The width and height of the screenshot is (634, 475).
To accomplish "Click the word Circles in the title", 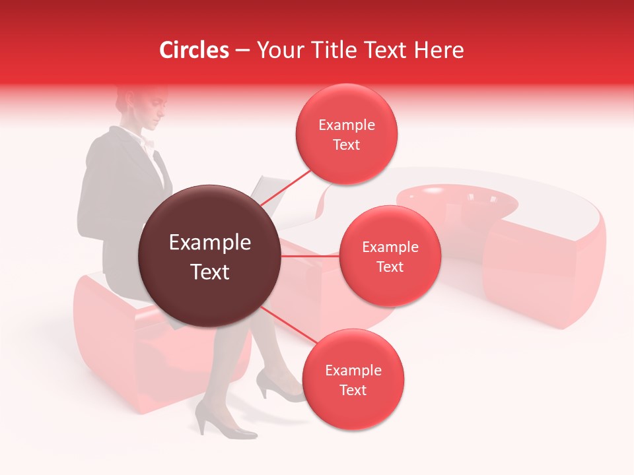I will click(x=194, y=50).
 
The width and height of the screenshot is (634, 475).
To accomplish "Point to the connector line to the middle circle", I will click(x=310, y=256).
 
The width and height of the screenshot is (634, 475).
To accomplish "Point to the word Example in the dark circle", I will click(x=210, y=243).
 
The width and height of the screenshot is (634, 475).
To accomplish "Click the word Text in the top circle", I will click(x=347, y=145).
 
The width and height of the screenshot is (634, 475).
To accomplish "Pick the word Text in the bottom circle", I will click(x=353, y=390).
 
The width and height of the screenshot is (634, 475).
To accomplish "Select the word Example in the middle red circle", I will click(x=390, y=247).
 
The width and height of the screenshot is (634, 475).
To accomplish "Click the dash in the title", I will click(x=243, y=51).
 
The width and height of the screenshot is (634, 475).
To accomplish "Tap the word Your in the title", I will click(x=275, y=50).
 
